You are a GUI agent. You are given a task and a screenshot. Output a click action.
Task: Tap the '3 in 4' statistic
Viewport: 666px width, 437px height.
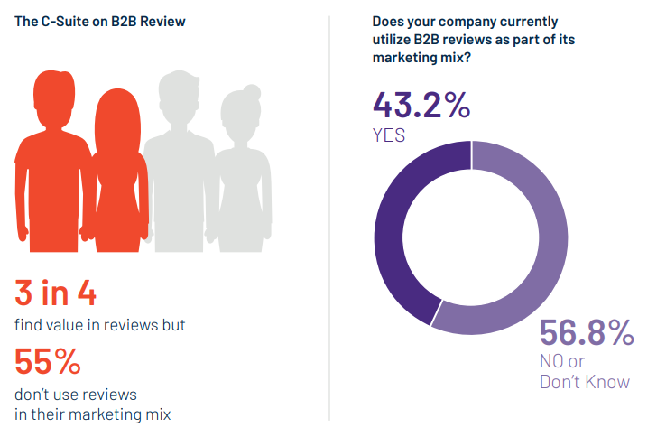coord(56,293)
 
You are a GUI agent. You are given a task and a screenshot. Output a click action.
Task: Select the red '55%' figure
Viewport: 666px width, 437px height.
coord(47,363)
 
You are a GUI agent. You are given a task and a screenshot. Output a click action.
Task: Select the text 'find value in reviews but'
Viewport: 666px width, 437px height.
coord(99,325)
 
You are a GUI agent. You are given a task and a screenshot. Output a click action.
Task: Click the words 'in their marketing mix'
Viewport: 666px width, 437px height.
coord(92,415)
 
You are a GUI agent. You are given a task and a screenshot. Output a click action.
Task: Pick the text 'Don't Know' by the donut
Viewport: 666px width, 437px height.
coord(584,382)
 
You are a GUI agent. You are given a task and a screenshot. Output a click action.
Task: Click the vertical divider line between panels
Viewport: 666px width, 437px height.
coord(329,217)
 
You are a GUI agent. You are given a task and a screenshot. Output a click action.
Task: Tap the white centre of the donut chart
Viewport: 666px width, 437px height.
coord(470,238)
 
